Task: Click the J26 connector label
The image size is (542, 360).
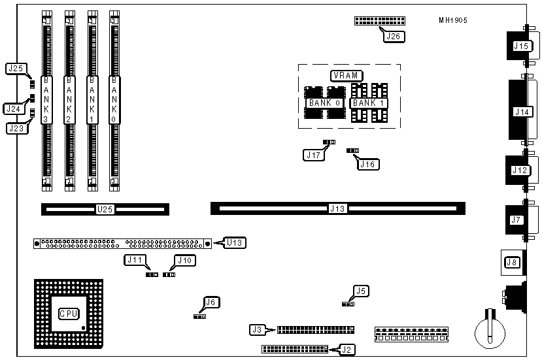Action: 393,36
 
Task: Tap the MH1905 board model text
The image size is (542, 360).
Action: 453,20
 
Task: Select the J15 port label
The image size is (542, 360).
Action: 521,46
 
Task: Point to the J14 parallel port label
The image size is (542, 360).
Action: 522,112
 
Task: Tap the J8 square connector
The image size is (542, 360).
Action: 511,263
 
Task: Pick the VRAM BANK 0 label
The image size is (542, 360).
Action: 324,103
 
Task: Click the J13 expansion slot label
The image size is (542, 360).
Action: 337,209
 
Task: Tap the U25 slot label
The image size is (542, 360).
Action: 105,210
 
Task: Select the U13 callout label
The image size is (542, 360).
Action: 235,243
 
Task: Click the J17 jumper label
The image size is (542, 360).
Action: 312,155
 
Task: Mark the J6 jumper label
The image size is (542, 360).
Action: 211,302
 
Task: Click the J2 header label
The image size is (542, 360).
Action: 347,350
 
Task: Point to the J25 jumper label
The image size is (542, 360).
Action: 15,68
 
